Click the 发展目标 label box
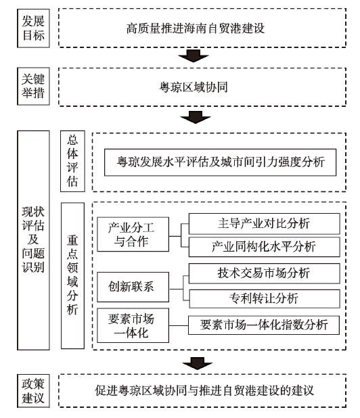point(33,28)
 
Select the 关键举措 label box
point(33,86)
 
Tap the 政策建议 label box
point(33,391)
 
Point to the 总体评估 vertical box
point(72,161)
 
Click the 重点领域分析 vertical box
point(72,276)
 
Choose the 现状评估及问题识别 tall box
point(33,240)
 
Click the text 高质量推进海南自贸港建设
point(196,28)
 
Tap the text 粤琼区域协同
point(194,87)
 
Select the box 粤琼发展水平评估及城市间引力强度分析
point(220,162)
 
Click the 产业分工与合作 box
point(133,234)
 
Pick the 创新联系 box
point(133,287)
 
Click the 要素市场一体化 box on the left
point(133,325)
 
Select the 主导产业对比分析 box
point(265,224)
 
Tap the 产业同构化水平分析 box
point(265,247)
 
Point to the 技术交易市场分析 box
point(265,273)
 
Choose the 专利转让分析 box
point(265,298)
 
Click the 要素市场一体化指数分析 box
point(264,325)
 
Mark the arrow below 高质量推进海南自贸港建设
point(194,55)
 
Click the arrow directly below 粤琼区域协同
point(196,117)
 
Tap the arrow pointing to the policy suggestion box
point(198,363)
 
